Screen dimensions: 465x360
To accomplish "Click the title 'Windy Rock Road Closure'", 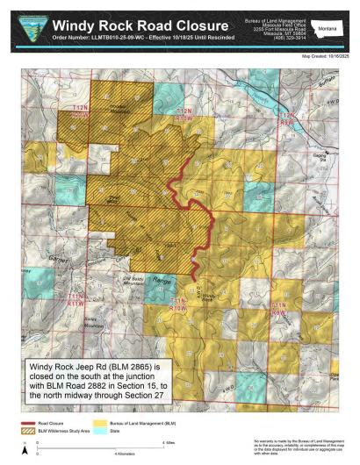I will [144, 26].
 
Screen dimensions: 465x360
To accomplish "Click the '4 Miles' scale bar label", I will [172, 443].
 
